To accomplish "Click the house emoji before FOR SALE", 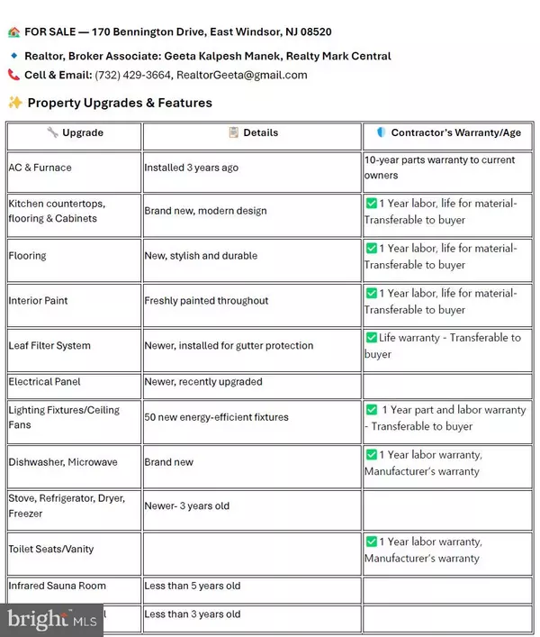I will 13,32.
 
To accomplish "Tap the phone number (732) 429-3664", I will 134,75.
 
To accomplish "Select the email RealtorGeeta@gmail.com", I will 241,75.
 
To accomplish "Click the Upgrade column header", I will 75,132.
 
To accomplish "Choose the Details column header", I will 253,132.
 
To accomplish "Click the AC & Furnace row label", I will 40,168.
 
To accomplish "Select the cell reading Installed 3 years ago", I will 192,168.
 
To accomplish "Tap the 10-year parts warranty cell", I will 439,168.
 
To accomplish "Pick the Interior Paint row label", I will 38,301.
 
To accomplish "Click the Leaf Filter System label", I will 49,346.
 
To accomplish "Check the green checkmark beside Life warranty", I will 371,338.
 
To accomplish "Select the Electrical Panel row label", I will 45,382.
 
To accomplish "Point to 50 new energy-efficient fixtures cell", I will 216,417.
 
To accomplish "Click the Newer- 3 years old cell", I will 187,506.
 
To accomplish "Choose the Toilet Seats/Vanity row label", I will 51,549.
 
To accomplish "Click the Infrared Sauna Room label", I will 58,586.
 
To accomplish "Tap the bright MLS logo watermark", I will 51,620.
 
